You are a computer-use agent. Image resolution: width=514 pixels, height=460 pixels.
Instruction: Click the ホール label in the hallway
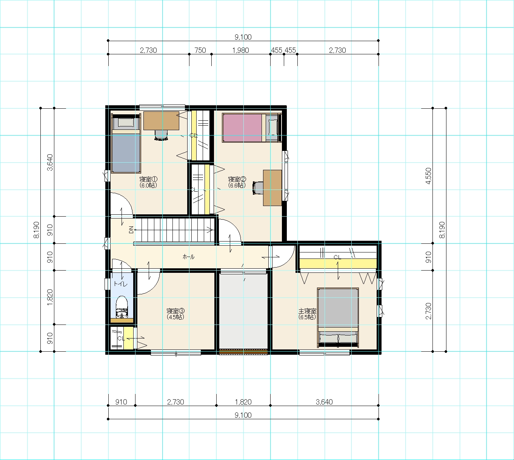[188, 257]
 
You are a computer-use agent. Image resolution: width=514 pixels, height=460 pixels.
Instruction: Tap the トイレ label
[120, 284]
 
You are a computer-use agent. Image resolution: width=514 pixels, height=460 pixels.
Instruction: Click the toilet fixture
[122, 307]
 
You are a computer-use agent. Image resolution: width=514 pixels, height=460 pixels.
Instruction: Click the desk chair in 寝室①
[162, 135]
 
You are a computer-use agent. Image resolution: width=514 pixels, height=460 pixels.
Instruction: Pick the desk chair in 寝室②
[258, 188]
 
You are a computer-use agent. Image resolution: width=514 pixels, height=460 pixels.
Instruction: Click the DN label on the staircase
[131, 230]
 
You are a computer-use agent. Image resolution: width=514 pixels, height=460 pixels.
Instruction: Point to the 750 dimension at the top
[200, 50]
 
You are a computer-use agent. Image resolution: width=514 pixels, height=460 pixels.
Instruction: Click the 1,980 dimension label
[240, 50]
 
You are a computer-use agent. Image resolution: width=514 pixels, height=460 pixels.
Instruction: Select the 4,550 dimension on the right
[428, 176]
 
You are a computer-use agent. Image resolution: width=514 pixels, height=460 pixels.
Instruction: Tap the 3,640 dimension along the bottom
[324, 402]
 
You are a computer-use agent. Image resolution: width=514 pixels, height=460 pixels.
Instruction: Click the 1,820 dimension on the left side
[50, 297]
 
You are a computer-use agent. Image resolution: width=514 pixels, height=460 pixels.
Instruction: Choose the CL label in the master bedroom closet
[337, 257]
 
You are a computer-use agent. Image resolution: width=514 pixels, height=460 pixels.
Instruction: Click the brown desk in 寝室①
[162, 121]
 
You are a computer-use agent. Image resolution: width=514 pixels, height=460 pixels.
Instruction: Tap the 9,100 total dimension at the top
[243, 37]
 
